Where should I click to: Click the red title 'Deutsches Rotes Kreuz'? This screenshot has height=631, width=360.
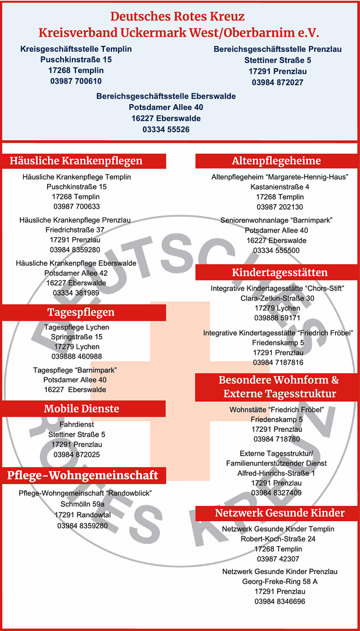click(178, 16)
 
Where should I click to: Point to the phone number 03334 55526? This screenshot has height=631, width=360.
click(165, 129)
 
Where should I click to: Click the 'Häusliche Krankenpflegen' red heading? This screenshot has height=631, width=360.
click(76, 161)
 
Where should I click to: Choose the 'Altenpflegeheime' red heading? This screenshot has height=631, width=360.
click(276, 161)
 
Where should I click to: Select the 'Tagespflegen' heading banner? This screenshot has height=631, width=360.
click(81, 313)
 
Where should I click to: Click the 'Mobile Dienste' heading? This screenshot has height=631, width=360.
click(81, 409)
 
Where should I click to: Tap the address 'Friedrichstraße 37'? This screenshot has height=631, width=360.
click(75, 230)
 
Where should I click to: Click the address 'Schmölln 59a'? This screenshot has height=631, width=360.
click(82, 504)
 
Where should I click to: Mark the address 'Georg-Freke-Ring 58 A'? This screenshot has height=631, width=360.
click(279, 581)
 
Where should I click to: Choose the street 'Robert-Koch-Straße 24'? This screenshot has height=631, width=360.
click(278, 539)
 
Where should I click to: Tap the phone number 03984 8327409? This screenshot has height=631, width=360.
click(276, 493)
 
